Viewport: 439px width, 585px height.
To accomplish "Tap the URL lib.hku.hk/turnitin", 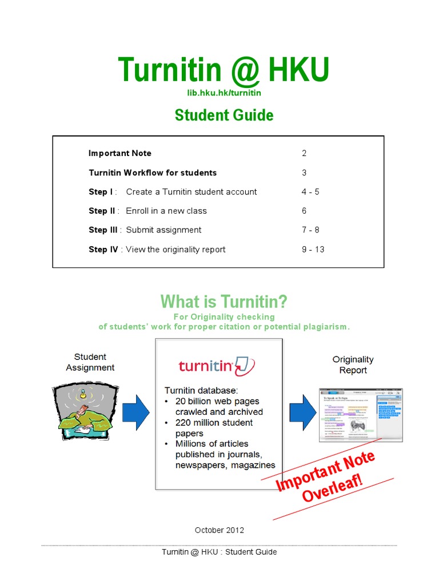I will click(224, 93).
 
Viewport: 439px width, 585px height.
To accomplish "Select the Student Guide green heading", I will click(224, 115).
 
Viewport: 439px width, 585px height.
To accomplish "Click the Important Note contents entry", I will click(120, 153).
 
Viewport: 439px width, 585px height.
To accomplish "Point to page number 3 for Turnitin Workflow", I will click(304, 173).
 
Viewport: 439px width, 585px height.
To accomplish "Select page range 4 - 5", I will click(310, 192).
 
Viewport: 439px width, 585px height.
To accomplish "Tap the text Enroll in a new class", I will click(166, 211).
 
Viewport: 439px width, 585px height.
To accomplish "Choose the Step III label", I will click(103, 230).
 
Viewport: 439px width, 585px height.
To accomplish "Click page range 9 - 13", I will click(313, 249).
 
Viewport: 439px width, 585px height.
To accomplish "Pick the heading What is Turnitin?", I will click(224, 301).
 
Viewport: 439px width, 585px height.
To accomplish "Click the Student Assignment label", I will click(90, 362).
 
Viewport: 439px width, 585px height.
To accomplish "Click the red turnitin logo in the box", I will click(217, 366).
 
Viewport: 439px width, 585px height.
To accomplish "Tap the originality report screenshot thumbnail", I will click(361, 415).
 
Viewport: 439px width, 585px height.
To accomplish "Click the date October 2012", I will click(219, 530).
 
